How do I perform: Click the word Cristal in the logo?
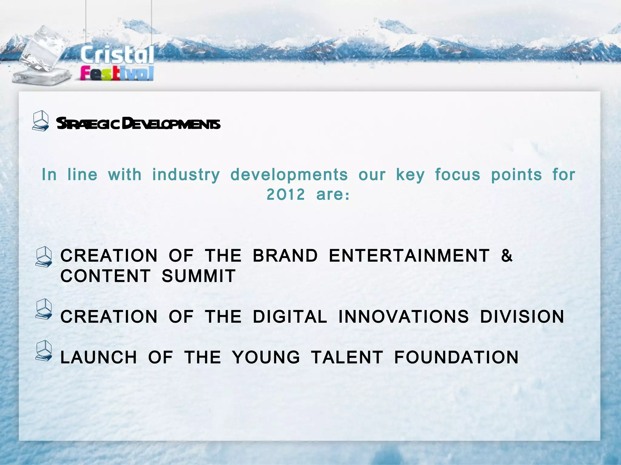[117, 55]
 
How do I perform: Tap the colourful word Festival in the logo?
[117, 74]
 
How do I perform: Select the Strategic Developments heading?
[138, 124]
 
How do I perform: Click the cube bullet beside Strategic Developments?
[41, 121]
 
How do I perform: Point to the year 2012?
[286, 194]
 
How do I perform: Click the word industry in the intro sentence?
[186, 175]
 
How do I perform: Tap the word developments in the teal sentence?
[289, 175]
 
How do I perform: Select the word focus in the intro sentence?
[458, 175]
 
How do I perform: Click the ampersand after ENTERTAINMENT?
[507, 256]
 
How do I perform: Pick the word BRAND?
[285, 256]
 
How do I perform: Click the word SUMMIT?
[199, 276]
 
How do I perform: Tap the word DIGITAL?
[290, 317]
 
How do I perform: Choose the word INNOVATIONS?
[404, 317]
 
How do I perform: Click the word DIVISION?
[522, 317]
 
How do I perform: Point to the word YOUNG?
[266, 357]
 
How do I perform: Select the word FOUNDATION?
[456, 357]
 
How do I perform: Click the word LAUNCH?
[99, 357]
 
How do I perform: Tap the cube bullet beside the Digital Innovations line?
[44, 309]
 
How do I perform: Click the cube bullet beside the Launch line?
[44, 351]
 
